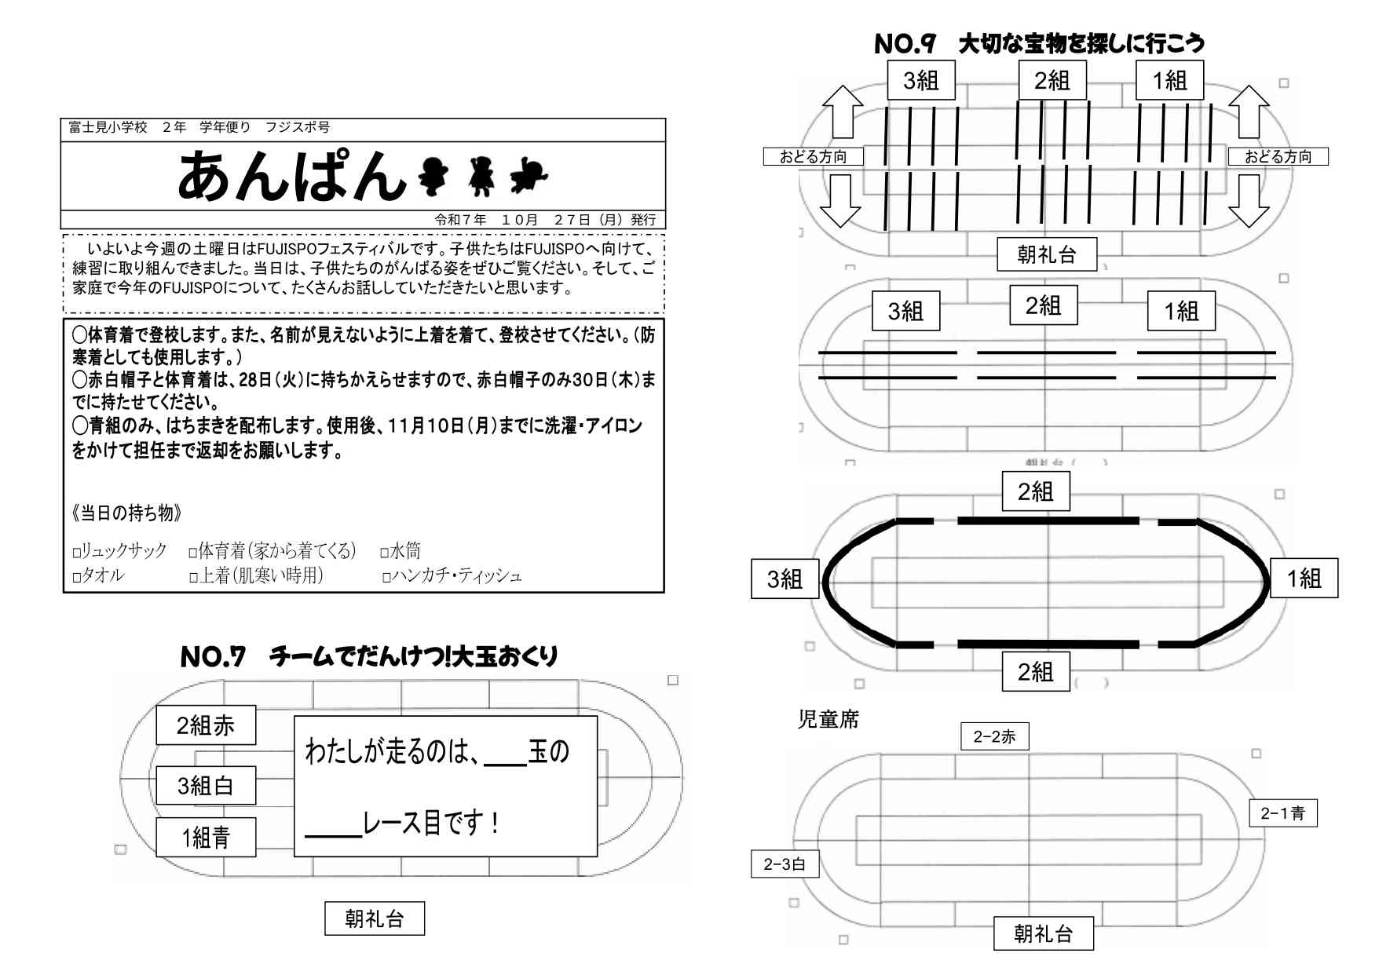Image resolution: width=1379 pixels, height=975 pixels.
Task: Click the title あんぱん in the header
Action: (291, 176)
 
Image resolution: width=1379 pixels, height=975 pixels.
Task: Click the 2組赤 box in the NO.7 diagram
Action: (206, 725)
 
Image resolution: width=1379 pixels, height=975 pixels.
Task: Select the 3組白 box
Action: (206, 786)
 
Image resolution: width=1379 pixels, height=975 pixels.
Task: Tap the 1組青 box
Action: (206, 838)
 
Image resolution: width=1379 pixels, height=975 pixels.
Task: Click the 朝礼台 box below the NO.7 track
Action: (375, 918)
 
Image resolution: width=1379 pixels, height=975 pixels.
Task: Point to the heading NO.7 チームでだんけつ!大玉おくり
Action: (369, 656)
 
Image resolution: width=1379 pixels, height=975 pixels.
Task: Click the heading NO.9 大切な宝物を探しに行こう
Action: (1038, 43)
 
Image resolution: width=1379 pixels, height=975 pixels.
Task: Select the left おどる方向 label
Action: (813, 157)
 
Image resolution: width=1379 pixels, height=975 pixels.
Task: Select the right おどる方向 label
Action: (1278, 157)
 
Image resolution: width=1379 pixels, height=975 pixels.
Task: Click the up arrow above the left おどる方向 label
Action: (842, 111)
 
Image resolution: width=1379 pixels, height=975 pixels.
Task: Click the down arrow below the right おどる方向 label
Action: (1249, 201)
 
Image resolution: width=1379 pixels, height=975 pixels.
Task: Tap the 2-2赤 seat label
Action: (994, 736)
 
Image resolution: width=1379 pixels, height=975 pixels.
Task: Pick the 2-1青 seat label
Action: (1282, 813)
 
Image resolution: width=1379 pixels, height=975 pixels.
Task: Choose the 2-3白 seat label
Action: (785, 864)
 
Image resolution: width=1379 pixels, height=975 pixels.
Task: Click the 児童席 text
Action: (828, 719)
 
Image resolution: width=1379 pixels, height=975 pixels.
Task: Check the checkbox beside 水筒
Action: (385, 553)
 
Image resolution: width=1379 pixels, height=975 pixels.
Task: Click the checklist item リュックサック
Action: (124, 551)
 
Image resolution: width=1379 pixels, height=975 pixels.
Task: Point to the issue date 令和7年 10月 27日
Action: (545, 220)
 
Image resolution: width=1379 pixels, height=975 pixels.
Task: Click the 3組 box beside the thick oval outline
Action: (785, 579)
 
